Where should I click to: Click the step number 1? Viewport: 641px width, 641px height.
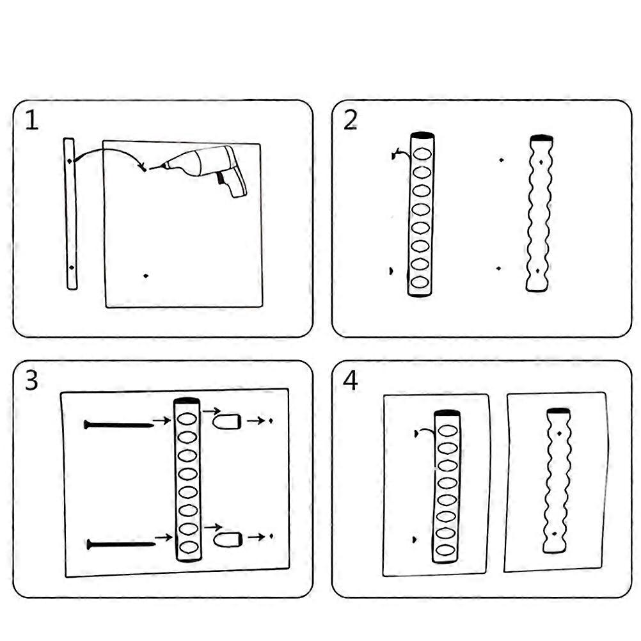(32, 120)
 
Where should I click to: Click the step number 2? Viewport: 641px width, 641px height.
(351, 120)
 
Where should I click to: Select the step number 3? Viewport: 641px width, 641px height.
(31, 380)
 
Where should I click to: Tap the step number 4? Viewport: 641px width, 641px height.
(351, 380)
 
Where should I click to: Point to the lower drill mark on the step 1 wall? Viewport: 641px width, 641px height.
(146, 276)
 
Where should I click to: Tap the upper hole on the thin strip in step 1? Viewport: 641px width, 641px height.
(70, 161)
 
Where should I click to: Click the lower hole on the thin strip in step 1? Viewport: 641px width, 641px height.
(72, 268)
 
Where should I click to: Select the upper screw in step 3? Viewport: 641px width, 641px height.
(119, 425)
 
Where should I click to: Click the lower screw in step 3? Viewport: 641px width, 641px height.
(121, 544)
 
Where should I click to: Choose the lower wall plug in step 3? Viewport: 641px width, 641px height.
(228, 539)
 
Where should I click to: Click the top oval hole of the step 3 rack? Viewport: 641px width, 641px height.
(187, 420)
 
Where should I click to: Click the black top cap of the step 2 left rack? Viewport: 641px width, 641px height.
(423, 136)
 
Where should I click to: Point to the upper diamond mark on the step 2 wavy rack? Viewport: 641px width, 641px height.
(541, 162)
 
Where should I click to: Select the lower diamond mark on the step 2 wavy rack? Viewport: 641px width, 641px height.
(537, 271)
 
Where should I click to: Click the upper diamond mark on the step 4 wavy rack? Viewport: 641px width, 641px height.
(559, 433)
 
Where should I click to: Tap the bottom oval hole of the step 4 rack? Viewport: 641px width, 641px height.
(445, 550)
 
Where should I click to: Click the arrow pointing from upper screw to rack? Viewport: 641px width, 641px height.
(161, 420)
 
